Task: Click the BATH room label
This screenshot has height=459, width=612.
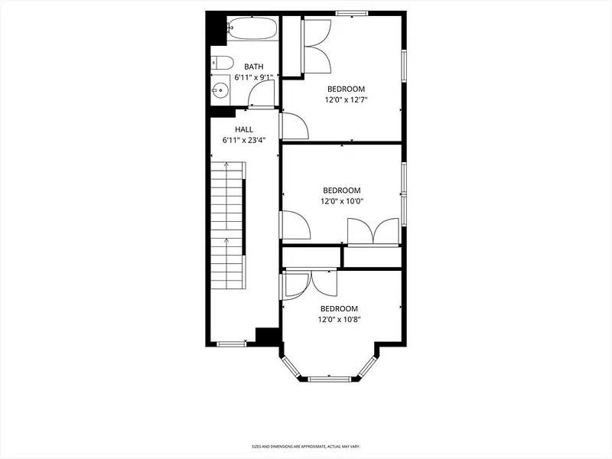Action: coord(254,67)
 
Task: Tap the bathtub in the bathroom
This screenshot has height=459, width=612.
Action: coord(252,28)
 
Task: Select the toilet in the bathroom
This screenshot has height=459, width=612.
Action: coord(222,63)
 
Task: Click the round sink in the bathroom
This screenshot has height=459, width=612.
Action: coord(220,90)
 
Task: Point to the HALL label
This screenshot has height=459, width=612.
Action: coord(244,129)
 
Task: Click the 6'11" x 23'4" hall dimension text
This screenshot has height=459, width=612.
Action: coord(244,141)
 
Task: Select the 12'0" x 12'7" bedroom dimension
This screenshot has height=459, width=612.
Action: coord(347,100)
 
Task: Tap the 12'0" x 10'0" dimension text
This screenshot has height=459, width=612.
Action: coord(342,201)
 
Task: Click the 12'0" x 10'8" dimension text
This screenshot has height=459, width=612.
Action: coord(339,320)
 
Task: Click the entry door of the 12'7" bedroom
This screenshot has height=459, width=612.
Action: coord(295,125)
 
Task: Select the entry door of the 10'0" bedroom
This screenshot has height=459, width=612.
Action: coord(295,224)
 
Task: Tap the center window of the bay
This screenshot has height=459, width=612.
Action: coord(329,378)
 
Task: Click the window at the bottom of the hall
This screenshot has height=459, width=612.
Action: coord(232,343)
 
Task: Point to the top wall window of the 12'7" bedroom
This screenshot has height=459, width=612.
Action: coord(352,13)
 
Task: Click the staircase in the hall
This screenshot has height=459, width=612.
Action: coord(228,225)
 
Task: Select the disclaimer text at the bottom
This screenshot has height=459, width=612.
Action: coord(305,446)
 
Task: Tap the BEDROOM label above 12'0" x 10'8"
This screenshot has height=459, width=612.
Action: coord(339,309)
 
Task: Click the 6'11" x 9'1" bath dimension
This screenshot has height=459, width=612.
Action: coord(254,78)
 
